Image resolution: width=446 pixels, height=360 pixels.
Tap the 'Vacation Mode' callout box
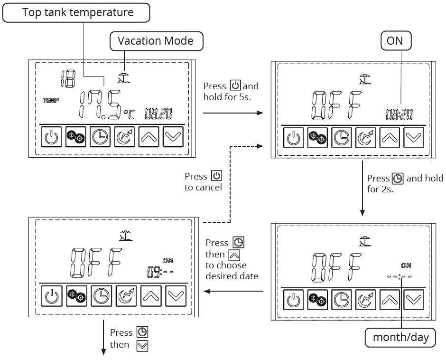(156, 41)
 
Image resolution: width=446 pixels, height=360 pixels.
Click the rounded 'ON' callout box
(394, 41)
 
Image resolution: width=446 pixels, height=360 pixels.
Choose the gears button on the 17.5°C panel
(75, 137)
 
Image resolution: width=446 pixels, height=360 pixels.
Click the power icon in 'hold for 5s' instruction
(235, 86)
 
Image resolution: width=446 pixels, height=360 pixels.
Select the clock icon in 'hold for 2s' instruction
(398, 179)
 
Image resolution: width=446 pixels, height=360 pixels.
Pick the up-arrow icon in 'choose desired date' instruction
(234, 255)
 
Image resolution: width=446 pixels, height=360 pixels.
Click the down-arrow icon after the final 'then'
(142, 345)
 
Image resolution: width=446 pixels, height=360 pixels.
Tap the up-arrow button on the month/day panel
(390, 299)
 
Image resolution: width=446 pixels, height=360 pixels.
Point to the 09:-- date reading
(160, 272)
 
